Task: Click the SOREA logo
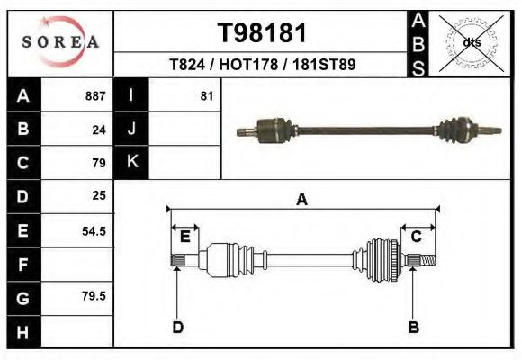pos(59,41)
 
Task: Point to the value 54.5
pos(94,230)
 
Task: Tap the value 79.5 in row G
pos(94,295)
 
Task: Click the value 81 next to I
pos(206,95)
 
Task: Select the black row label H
pos(22,332)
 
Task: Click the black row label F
pos(22,264)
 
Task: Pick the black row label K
pos(131,162)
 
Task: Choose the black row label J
pos(131,129)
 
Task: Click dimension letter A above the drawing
pos(302,200)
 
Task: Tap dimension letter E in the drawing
pos(184,237)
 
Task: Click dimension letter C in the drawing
pos(417,237)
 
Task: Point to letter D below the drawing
pos(178,327)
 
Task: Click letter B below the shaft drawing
pos(414,327)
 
